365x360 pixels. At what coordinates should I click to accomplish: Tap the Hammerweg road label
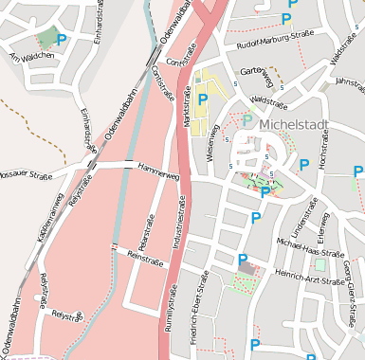coord(157,174)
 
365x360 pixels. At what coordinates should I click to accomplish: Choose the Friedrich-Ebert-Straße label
coord(198,308)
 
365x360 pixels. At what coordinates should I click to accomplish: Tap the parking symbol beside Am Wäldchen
coord(63,40)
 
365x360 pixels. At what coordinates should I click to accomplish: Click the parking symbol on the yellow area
coord(202,98)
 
